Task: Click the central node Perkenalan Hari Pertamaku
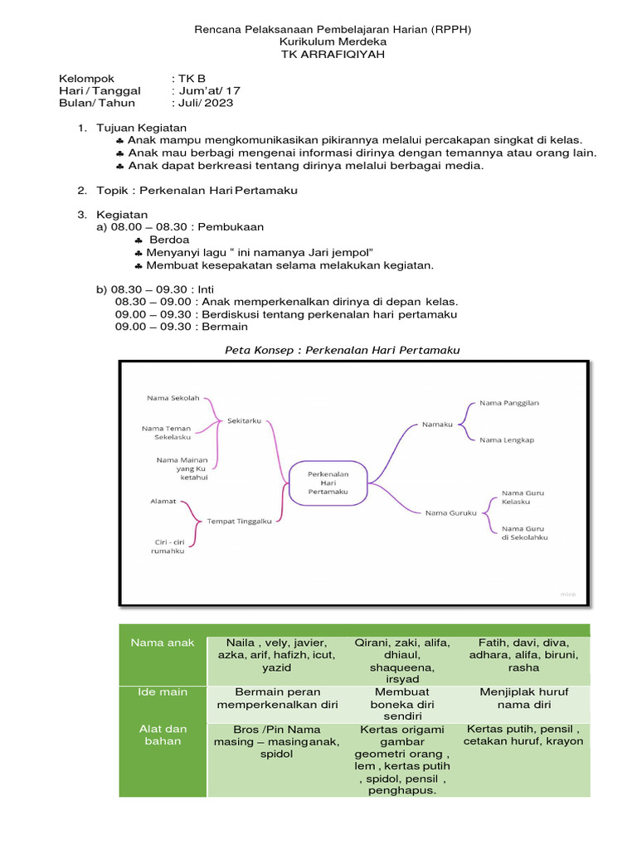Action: [x=328, y=483]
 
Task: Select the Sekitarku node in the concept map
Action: [x=244, y=420]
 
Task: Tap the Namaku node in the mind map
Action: [x=437, y=424]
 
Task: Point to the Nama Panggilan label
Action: [x=509, y=403]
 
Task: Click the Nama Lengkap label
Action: [x=506, y=439]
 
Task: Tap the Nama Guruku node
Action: [x=450, y=512]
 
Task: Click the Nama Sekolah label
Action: [x=173, y=398]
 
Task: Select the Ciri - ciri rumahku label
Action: [x=168, y=546]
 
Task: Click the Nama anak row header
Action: [x=163, y=643]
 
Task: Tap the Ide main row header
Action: [x=163, y=691]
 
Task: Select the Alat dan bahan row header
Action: [x=163, y=735]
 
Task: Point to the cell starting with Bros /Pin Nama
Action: [x=277, y=741]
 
